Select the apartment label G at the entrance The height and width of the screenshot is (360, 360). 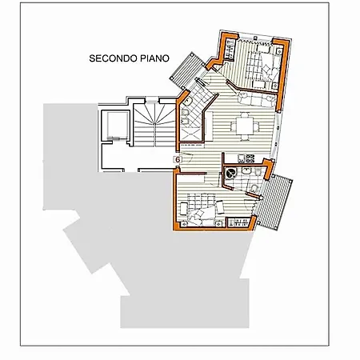[x=178, y=159]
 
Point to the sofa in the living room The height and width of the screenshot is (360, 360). [x=257, y=99]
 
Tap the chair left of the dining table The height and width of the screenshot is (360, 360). [x=234, y=126]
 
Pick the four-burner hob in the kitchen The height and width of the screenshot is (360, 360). [x=250, y=158]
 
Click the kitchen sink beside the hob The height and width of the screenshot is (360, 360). [x=242, y=158]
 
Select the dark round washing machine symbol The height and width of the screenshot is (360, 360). [x=230, y=174]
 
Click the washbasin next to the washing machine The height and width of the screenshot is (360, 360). [x=246, y=170]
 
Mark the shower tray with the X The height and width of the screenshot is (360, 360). [x=190, y=134]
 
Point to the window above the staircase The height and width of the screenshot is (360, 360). [x=152, y=102]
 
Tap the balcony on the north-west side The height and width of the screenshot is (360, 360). [x=186, y=70]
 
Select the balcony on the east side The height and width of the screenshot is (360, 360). [x=275, y=202]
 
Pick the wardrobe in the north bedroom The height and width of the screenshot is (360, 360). [x=230, y=49]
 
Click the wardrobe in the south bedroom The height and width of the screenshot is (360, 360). [x=238, y=222]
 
